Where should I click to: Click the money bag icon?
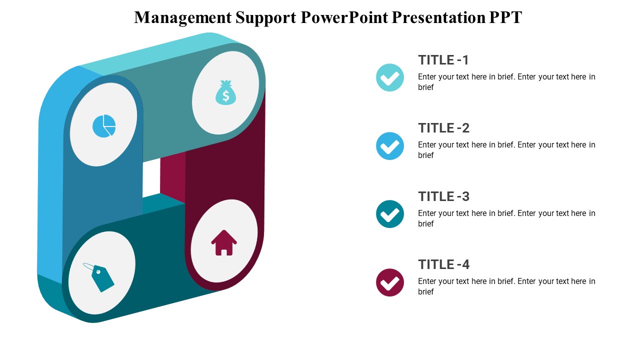point(225,93)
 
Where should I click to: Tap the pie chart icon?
point(104,126)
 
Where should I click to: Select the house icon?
point(224,243)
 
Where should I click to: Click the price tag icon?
point(100,277)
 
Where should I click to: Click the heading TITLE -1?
point(443,60)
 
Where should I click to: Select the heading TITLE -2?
point(443,128)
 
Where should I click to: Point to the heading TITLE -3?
point(443,196)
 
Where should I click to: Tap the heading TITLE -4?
point(443,264)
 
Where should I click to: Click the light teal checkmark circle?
point(390,77)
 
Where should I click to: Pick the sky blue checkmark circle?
point(390,146)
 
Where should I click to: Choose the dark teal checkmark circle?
point(390,214)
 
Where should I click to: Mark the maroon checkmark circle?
point(390,282)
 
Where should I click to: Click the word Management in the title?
point(182,17)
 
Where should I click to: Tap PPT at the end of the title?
point(505,17)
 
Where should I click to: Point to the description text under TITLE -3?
point(506,213)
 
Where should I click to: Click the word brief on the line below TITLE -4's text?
point(426,291)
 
